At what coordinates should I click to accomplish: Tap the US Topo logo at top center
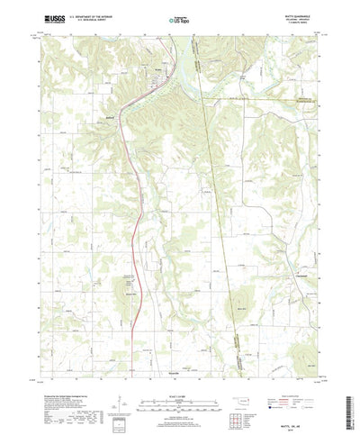[x=179, y=18]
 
